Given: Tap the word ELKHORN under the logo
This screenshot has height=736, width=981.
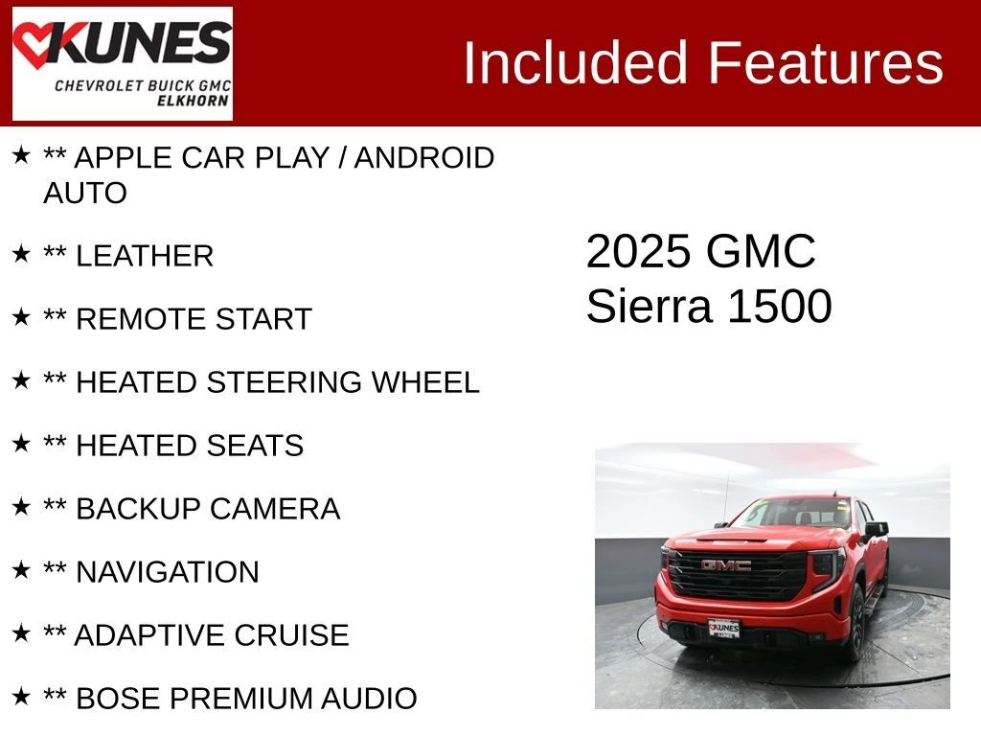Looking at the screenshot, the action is click(x=193, y=101).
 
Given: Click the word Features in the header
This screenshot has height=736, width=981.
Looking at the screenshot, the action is click(x=825, y=62).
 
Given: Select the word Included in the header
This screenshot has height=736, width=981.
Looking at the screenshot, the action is click(x=575, y=62).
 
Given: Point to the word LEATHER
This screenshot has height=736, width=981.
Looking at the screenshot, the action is click(x=145, y=256).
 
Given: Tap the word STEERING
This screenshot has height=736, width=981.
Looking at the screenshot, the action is click(x=284, y=382).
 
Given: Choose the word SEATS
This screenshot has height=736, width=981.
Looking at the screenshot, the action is click(x=255, y=446).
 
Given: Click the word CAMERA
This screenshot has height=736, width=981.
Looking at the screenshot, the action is click(x=275, y=509).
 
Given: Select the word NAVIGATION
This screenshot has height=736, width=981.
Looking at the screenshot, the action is click(x=167, y=572).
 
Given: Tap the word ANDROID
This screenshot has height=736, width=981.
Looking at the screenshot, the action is click(x=424, y=158).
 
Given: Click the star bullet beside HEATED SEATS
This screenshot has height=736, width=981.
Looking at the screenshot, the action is click(x=21, y=443).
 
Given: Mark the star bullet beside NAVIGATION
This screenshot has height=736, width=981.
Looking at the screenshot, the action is click(x=21, y=569).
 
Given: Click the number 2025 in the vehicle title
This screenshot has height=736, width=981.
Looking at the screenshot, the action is click(x=637, y=252).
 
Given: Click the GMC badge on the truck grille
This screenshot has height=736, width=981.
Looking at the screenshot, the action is click(x=726, y=565).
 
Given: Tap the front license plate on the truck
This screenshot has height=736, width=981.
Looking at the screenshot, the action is click(x=724, y=628).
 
